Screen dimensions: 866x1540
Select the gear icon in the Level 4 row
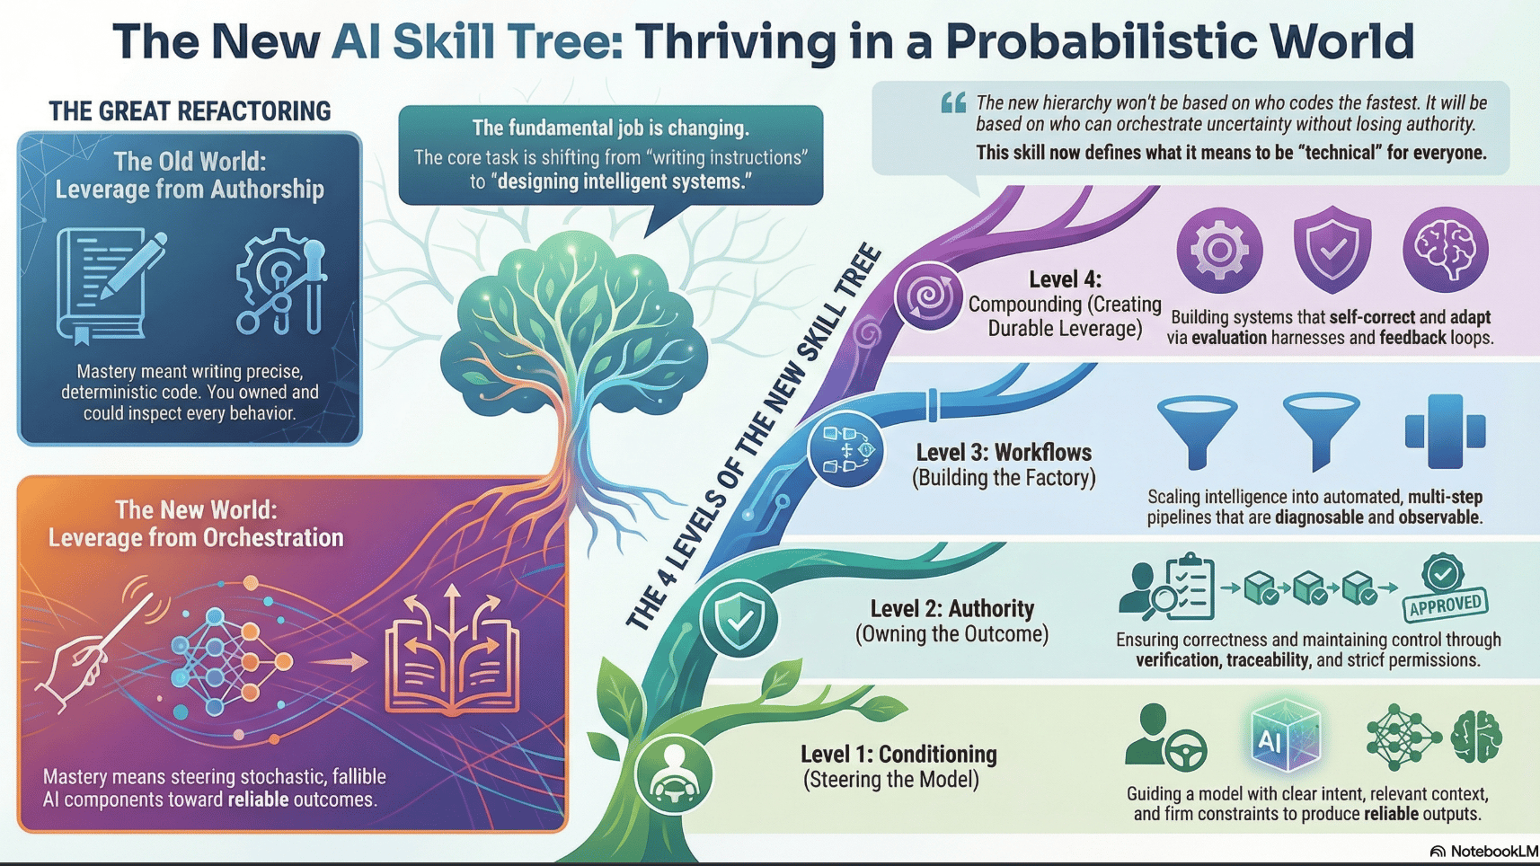click(1219, 250)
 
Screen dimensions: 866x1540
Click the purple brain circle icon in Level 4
click(1445, 250)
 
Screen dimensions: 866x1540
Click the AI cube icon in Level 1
click(1285, 738)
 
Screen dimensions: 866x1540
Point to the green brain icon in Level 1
click(1476, 737)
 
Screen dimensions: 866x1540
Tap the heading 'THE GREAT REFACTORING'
click(190, 111)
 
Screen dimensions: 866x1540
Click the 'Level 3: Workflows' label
click(1004, 452)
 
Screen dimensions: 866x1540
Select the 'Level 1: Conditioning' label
click(898, 754)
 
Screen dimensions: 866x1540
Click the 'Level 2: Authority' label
click(952, 608)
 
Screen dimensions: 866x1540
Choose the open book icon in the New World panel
click(452, 656)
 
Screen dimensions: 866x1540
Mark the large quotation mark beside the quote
click(953, 103)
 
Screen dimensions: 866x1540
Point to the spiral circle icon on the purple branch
click(928, 296)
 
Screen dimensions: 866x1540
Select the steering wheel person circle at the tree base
click(674, 774)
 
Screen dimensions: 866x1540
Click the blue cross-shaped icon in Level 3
click(1445, 431)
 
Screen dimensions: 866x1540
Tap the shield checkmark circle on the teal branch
click(739, 618)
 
